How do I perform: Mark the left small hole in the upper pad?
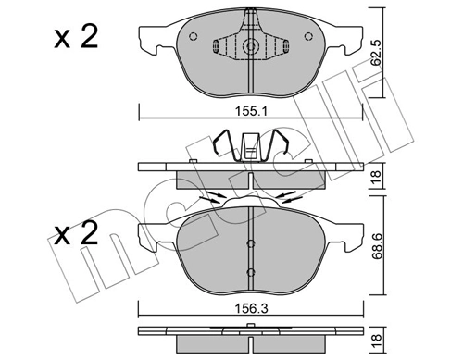[x=193, y=37]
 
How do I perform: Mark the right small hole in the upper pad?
[x=307, y=37]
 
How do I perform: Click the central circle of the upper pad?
[x=249, y=47]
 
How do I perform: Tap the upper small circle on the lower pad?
[x=249, y=242]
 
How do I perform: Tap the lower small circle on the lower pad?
[x=249, y=271]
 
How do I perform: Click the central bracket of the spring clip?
[x=250, y=147]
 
